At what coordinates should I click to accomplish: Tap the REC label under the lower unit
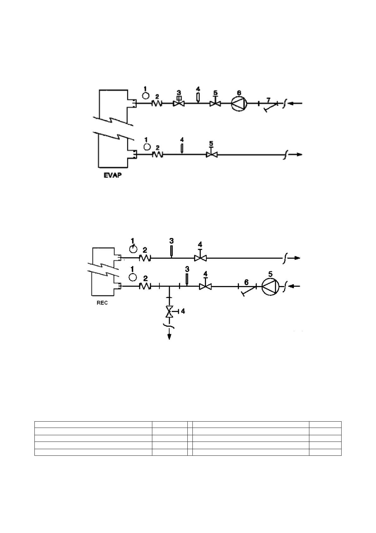pyautogui.click(x=102, y=303)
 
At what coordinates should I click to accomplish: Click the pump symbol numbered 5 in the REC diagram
pyautogui.click(x=270, y=287)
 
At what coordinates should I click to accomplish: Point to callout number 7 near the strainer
pyautogui.click(x=268, y=100)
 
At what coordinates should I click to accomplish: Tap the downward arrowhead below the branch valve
pyautogui.click(x=170, y=336)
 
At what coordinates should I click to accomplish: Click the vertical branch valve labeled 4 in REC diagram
pyautogui.click(x=170, y=312)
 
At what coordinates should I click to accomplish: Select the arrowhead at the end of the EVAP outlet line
pyautogui.click(x=298, y=154)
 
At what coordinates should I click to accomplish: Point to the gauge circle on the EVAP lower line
pyautogui.click(x=147, y=147)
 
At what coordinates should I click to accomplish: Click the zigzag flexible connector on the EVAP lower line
pyautogui.click(x=157, y=154)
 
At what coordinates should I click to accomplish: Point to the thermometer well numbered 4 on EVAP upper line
pyautogui.click(x=198, y=97)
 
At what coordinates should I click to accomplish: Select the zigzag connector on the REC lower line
pyautogui.click(x=145, y=286)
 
